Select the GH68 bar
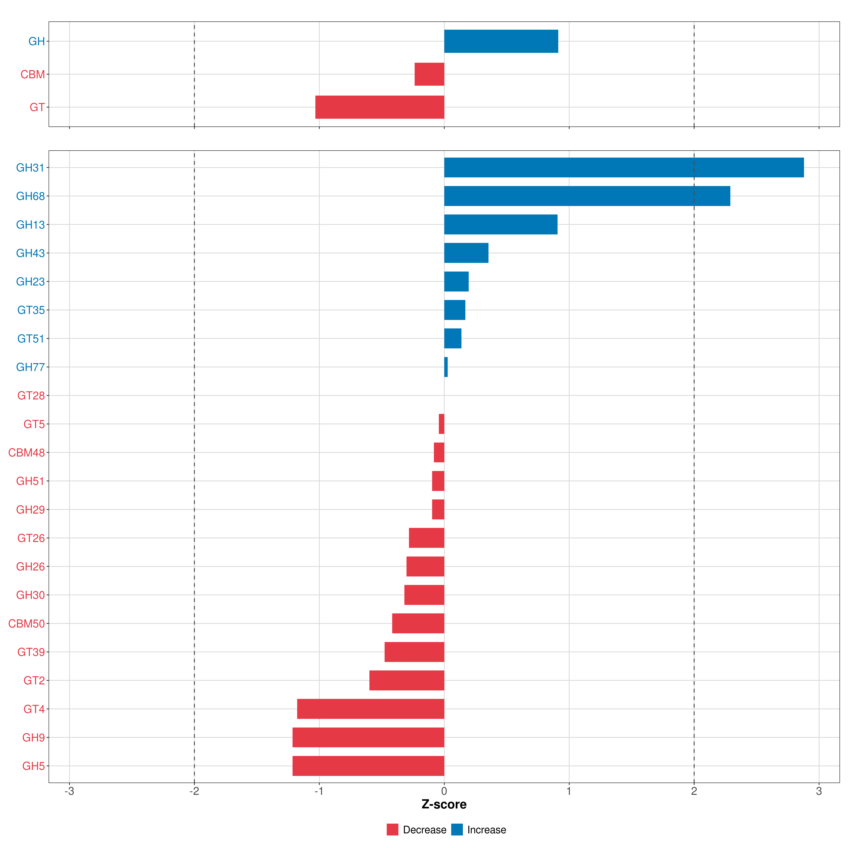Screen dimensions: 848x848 587,196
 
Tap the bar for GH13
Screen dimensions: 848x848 501,224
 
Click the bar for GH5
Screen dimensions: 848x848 368,766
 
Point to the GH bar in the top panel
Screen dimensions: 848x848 501,41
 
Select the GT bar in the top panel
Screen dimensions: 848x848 380,107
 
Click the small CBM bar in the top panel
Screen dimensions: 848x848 429,74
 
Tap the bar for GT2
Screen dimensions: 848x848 407,680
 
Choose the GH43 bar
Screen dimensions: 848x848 466,253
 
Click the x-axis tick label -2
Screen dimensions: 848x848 194,791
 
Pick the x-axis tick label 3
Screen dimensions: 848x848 819,791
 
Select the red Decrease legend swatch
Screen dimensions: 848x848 392,830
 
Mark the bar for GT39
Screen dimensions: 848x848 414,652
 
